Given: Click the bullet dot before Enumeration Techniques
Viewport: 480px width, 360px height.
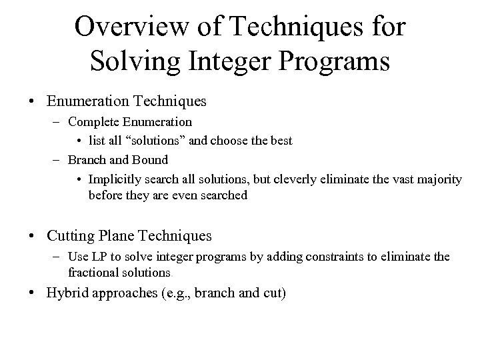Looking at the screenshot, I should (32, 102).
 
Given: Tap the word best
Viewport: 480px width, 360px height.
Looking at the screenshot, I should (280, 141).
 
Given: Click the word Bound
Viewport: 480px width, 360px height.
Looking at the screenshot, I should (151, 160).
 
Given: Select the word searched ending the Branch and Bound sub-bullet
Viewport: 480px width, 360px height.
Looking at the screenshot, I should (223, 195).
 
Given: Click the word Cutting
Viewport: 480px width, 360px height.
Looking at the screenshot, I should (70, 235).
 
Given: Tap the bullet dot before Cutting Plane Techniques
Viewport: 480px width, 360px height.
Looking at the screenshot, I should (32, 236).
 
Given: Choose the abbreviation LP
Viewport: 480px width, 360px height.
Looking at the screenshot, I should (97, 257).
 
